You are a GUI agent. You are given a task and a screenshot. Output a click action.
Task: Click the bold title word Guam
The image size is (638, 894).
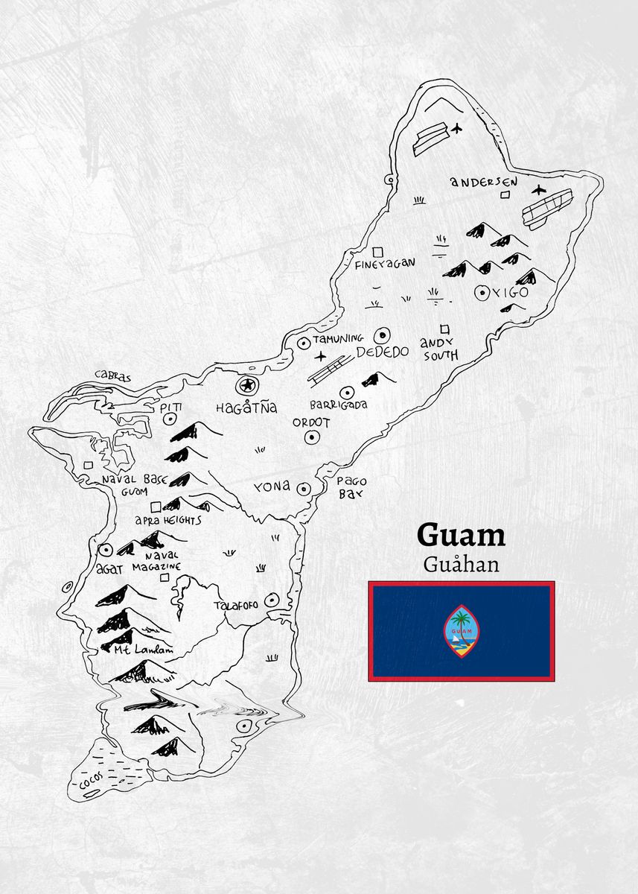pos(461,535)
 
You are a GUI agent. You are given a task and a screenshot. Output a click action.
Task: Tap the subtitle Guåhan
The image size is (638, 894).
pos(461,563)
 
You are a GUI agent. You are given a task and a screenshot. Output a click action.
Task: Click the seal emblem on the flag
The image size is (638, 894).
pos(462,631)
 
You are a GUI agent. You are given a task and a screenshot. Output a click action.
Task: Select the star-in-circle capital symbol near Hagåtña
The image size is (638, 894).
pos(245,386)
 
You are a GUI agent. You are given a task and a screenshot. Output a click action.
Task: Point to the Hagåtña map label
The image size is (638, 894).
pos(246,408)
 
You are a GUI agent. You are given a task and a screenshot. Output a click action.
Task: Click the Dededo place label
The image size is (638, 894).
pos(382,352)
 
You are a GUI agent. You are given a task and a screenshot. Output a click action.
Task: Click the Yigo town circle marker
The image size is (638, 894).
pos(481,293)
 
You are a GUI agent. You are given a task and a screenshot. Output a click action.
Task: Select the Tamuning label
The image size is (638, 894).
pos(338,339)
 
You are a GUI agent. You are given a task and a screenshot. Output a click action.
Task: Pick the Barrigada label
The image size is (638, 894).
pos(339,405)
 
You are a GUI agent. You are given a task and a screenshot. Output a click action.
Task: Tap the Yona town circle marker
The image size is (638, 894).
pos(304,489)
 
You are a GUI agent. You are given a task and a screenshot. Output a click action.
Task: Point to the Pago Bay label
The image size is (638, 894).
pos(351,487)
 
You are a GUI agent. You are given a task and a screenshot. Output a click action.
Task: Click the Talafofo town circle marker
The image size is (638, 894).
pos(270,599)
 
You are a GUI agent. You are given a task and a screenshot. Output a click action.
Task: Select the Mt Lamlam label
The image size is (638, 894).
pos(143,650)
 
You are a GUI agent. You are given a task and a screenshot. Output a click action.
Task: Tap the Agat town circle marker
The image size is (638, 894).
pos(105,551)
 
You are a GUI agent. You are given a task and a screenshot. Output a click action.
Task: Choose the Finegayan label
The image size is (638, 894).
pos(385,263)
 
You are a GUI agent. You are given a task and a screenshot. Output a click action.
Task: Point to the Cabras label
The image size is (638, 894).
pos(112,377)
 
